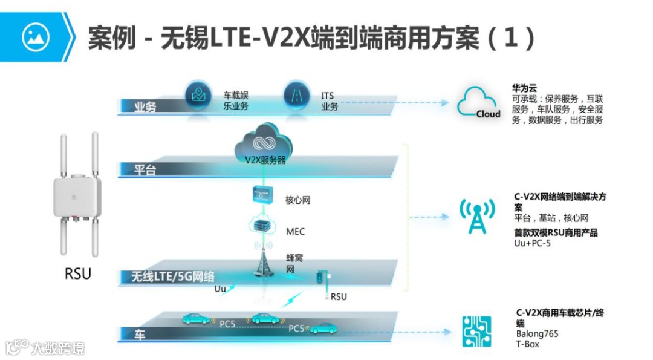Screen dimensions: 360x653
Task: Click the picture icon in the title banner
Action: click(x=35, y=37)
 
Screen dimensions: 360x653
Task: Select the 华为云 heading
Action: click(x=524, y=88)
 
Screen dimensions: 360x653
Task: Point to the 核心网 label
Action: click(x=297, y=200)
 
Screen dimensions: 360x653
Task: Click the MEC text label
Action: click(x=295, y=232)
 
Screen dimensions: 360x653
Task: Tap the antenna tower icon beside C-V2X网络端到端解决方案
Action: click(x=477, y=217)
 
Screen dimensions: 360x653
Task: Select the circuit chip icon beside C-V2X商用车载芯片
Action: click(x=476, y=332)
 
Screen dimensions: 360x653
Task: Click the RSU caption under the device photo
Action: click(x=78, y=273)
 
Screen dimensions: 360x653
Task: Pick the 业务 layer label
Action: click(x=145, y=107)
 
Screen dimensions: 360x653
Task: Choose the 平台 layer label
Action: click(x=145, y=170)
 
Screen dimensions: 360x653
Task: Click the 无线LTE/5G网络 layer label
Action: click(x=173, y=277)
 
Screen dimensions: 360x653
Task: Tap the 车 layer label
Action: click(x=140, y=335)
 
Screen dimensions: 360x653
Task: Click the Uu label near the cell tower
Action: click(x=220, y=289)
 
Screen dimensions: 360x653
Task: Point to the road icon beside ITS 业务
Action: click(x=296, y=96)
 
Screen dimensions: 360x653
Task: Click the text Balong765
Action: click(x=537, y=333)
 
